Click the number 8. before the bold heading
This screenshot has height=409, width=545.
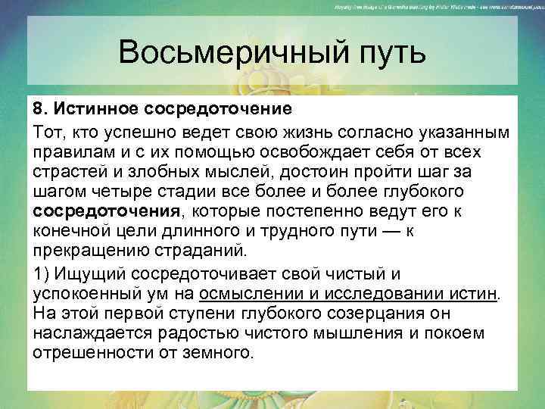(x=40, y=111)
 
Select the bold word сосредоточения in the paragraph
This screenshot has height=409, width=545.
(x=105, y=211)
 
